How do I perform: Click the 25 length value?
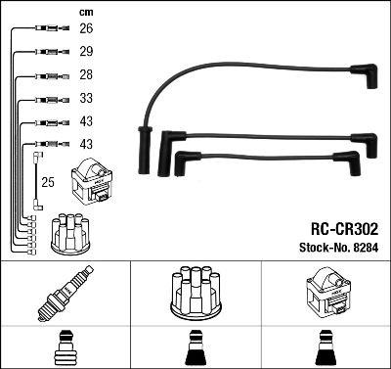[x=47, y=182]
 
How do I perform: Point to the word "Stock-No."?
[x=319, y=248]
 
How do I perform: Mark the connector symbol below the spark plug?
[x=65, y=347]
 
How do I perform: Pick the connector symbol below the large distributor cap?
[x=195, y=349]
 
